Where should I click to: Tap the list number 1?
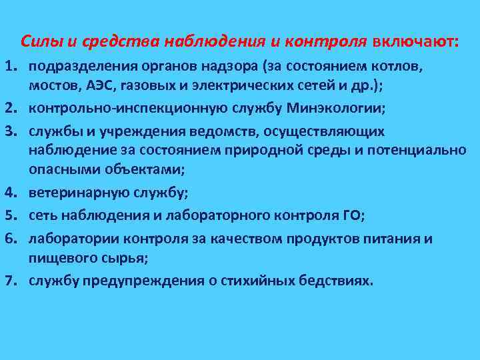[x=13, y=67]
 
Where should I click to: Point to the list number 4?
[x=13, y=193]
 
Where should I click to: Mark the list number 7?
[x=13, y=281]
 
